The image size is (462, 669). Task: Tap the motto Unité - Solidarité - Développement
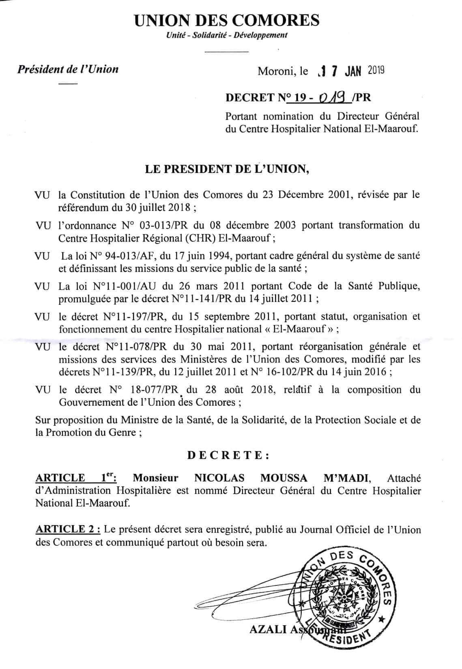click(227, 35)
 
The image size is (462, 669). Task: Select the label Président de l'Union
click(68, 69)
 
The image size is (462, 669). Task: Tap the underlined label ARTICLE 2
click(67, 529)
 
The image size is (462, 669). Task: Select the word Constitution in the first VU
click(103, 195)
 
